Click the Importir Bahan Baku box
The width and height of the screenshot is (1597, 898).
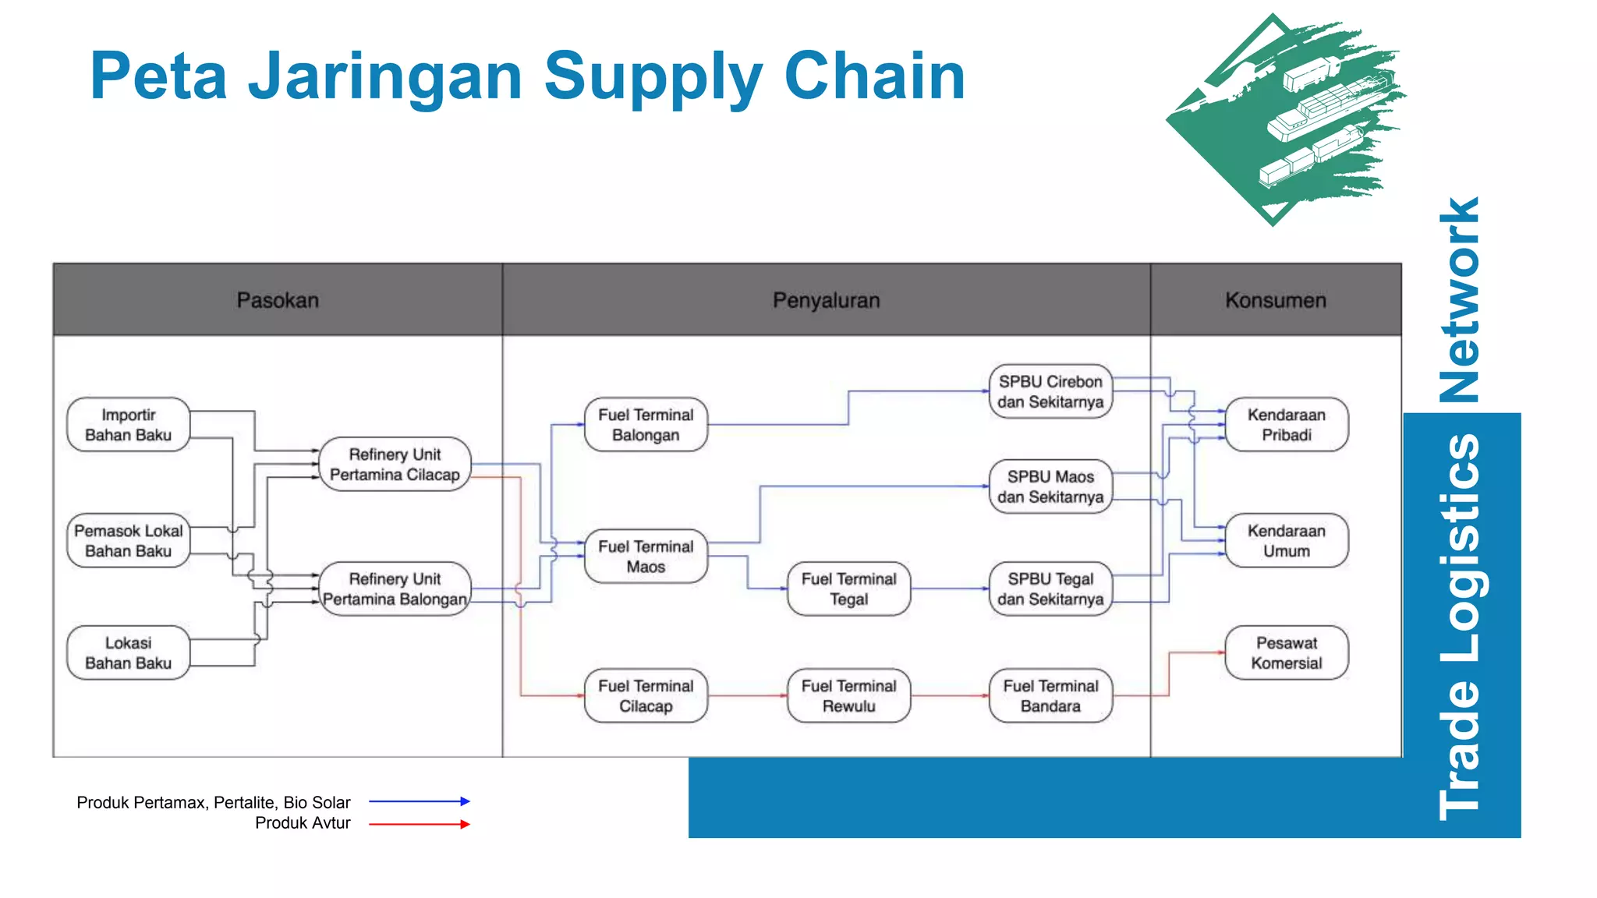coord(129,425)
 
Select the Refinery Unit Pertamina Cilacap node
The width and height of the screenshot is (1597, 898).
coord(395,464)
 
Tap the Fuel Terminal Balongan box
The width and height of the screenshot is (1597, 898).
coord(646,425)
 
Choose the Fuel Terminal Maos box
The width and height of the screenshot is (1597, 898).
coord(646,557)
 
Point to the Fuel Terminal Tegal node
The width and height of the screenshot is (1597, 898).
coord(848,589)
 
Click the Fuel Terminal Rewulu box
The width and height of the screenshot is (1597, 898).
coord(848,695)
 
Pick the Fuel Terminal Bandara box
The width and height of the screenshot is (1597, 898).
coord(1050,695)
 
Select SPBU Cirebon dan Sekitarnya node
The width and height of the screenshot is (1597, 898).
coord(1050,391)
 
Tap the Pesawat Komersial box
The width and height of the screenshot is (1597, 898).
coord(1287,652)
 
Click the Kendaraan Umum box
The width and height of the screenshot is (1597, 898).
coord(1287,540)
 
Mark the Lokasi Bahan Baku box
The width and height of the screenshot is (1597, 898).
coord(129,652)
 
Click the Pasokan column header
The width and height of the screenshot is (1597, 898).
coord(278,300)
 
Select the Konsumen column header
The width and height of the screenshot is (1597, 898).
coord(1275,300)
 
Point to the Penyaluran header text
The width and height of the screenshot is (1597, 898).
coord(826,300)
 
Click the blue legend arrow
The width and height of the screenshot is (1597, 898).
coord(419,801)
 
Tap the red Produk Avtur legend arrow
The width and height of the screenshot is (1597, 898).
coord(419,824)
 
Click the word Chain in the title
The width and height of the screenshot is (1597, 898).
coord(874,76)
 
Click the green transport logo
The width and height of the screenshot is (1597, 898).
coord(1287,121)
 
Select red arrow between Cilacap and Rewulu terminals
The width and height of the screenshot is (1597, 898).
coord(747,695)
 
